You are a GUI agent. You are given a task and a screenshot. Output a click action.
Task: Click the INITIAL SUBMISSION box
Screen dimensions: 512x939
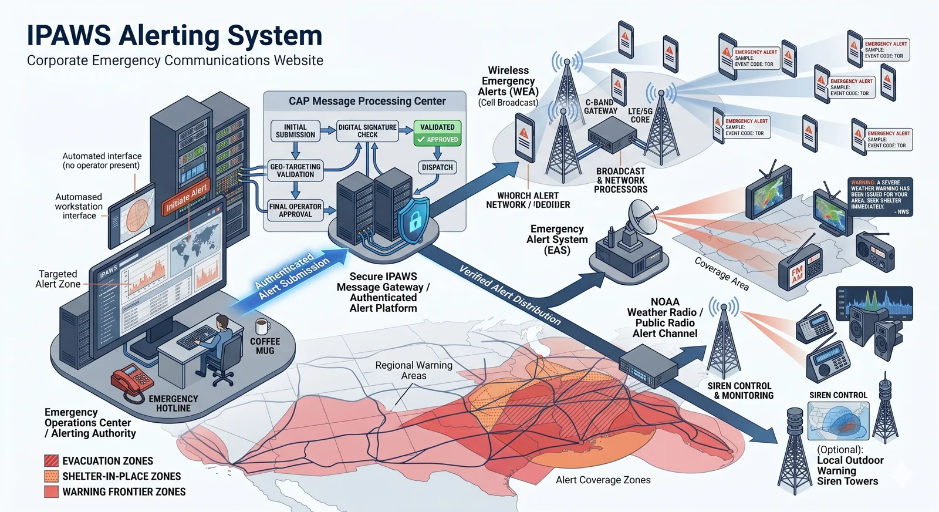[x=295, y=131]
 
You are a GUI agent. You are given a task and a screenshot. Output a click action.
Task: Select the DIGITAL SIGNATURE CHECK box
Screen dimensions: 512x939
[x=367, y=131]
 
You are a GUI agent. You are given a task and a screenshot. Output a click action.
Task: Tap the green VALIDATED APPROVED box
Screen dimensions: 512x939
[x=437, y=133]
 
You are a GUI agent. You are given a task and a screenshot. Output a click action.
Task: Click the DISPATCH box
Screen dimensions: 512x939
[x=437, y=167]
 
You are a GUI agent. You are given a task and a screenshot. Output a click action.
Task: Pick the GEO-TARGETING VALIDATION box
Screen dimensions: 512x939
[x=295, y=171]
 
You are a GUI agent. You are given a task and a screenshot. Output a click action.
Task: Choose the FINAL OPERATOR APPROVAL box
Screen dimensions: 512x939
[x=295, y=210]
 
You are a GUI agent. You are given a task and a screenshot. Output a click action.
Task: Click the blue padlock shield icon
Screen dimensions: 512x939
[x=414, y=221]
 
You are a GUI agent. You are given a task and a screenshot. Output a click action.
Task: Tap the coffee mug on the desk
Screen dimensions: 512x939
[x=262, y=326]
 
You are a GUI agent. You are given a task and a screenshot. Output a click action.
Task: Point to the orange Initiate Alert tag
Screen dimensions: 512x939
[x=187, y=197]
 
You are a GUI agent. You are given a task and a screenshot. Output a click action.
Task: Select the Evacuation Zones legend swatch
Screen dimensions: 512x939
[x=52, y=461]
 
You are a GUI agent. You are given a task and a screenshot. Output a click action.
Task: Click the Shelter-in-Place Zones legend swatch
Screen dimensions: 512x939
[x=52, y=476]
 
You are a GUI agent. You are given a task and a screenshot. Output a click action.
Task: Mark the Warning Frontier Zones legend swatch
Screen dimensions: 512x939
[x=52, y=491]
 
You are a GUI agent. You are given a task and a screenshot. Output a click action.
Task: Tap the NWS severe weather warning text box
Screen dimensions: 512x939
[x=880, y=197]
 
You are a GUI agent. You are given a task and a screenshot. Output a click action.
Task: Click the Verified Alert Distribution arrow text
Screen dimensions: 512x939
[x=509, y=295]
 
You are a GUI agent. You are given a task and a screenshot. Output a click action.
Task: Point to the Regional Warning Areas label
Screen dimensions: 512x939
[x=414, y=370]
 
